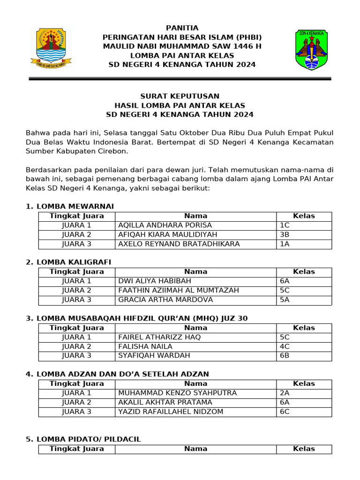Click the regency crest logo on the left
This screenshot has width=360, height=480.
(51, 47)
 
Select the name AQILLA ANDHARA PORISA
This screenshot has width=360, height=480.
(165, 225)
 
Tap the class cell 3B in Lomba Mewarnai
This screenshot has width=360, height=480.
(285, 234)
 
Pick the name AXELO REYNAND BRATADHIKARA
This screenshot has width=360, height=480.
(179, 244)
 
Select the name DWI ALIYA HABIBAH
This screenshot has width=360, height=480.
(155, 281)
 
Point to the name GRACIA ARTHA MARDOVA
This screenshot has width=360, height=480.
(165, 300)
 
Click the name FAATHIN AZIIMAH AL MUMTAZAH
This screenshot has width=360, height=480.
(179, 291)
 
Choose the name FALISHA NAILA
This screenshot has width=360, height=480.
(143, 346)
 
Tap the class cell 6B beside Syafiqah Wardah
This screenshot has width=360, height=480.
(285, 355)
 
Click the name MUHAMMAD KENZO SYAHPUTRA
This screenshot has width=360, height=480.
(178, 393)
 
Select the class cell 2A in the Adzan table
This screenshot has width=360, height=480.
(285, 393)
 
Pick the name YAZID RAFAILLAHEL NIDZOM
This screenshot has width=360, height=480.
(171, 412)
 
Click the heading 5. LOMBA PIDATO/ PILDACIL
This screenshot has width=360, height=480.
(83, 439)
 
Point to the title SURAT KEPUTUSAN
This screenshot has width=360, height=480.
(180, 96)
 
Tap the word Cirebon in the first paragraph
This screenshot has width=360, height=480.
(112, 151)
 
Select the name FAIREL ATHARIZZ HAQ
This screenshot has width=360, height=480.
(159, 337)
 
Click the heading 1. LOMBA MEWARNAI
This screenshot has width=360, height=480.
(69, 206)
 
